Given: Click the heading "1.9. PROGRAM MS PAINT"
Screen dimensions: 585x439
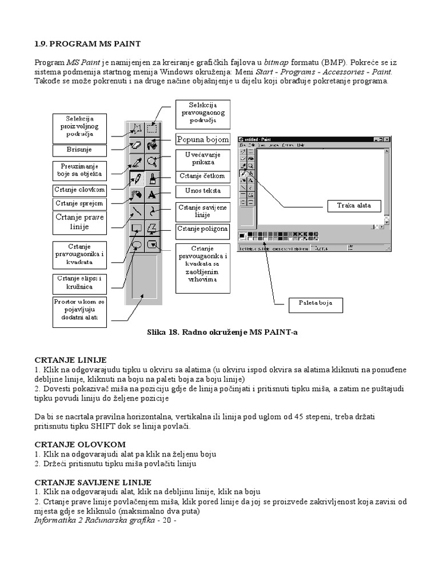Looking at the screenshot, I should (x=87, y=43).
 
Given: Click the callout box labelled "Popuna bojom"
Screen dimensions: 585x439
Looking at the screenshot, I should (x=202, y=139).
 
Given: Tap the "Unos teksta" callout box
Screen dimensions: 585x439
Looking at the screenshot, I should (x=203, y=191).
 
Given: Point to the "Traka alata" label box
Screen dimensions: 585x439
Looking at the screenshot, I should (x=353, y=206).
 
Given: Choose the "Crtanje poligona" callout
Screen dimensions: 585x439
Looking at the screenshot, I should (x=203, y=229).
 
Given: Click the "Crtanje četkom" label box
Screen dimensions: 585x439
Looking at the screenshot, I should (x=203, y=176).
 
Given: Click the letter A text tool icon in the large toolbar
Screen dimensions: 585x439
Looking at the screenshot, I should (x=152, y=194).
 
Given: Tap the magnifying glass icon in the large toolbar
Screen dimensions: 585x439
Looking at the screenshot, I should (x=152, y=161).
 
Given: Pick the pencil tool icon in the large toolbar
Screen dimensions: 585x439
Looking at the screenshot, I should (x=136, y=178).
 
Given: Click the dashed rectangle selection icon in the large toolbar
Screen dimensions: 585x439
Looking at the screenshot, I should (x=152, y=129).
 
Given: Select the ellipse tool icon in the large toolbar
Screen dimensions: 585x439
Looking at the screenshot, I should (x=136, y=244).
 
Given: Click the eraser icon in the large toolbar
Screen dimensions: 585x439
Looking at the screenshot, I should (x=136, y=145).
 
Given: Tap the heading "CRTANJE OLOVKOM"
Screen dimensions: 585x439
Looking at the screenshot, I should (x=80, y=444).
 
